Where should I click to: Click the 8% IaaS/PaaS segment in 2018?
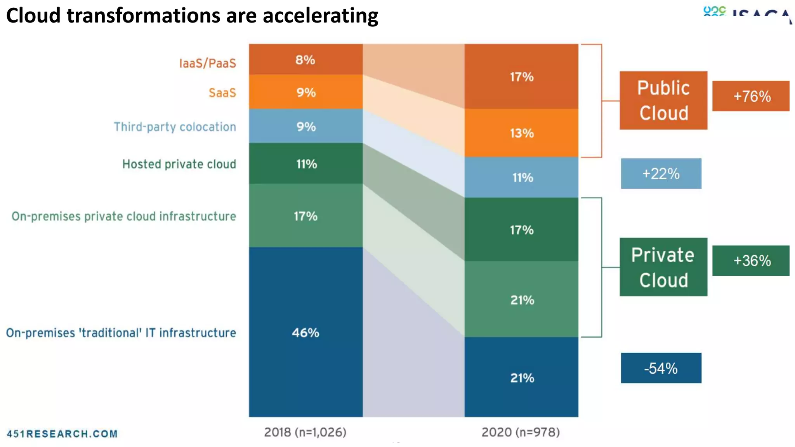[x=306, y=59]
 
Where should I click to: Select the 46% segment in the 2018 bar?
[x=306, y=332]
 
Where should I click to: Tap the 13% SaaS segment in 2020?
[x=521, y=133]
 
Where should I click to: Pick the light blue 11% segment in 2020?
[x=521, y=177]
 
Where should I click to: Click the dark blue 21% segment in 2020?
[x=521, y=377]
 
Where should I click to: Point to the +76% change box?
[x=751, y=96]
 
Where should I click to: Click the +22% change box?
[x=661, y=173]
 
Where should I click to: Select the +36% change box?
[x=751, y=261]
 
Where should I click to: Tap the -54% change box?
[x=661, y=368]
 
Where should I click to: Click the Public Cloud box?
[x=663, y=100]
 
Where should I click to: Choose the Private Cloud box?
[x=663, y=267]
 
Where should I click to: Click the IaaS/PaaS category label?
[x=207, y=63]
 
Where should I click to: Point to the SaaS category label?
[x=222, y=93]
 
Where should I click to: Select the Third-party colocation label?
[x=175, y=127]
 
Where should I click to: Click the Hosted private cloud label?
[x=179, y=164]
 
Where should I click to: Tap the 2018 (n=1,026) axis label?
[x=305, y=432]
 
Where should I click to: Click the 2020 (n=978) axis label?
[x=521, y=432]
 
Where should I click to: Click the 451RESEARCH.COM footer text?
[x=62, y=433]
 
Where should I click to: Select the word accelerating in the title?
[x=320, y=16]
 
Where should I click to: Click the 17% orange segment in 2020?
[x=521, y=76]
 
